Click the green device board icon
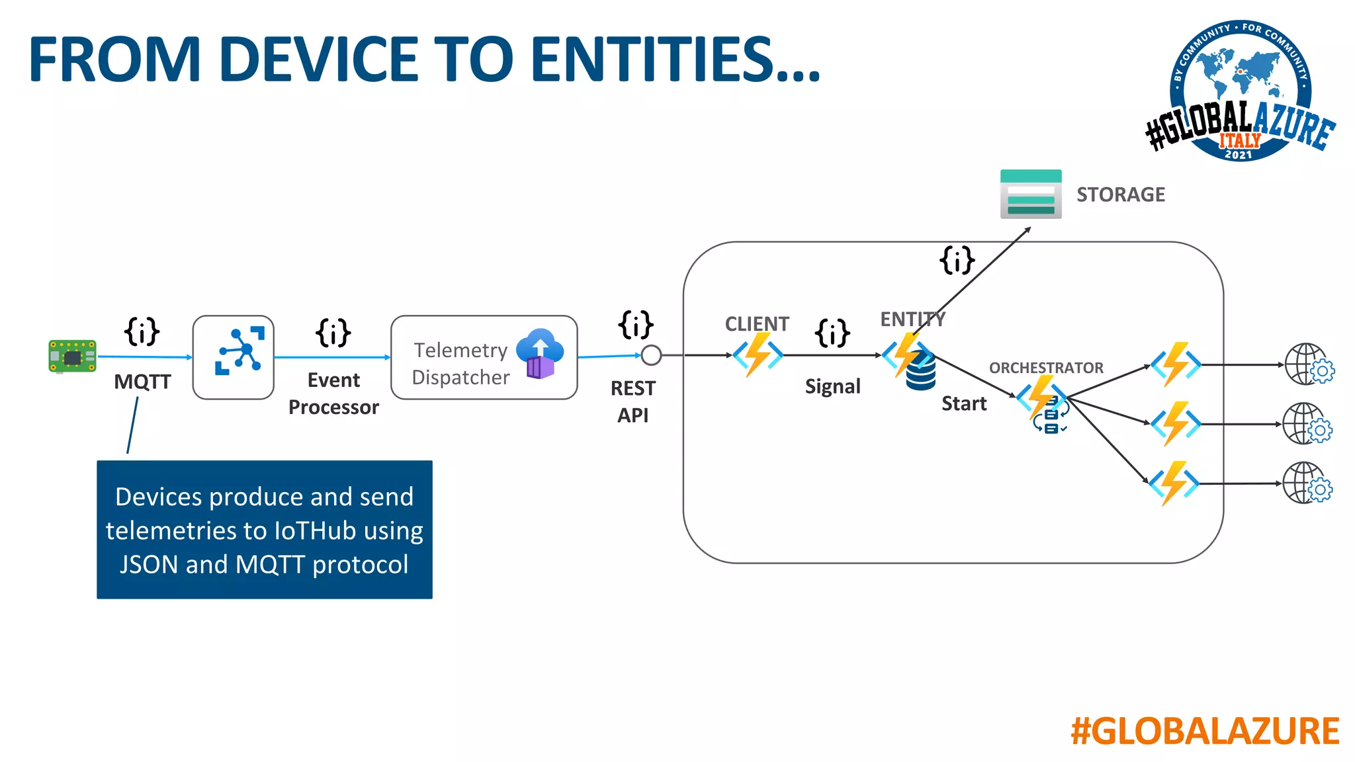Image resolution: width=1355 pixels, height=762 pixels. pyautogui.click(x=72, y=357)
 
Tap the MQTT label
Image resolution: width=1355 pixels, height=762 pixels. pyautogui.click(x=142, y=382)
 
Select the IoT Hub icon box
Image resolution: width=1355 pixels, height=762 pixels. pyautogui.click(x=233, y=357)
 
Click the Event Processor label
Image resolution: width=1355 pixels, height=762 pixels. pyautogui.click(x=333, y=394)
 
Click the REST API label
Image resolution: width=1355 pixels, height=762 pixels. pyautogui.click(x=633, y=402)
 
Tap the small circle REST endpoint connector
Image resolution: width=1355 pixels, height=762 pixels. pyautogui.click(x=651, y=355)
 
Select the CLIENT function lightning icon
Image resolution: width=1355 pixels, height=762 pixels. pyautogui.click(x=758, y=355)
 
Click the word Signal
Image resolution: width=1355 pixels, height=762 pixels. pyautogui.click(x=832, y=386)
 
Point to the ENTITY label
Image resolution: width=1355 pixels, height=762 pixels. pyautogui.click(x=912, y=319)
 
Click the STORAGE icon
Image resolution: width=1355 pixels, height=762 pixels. pyautogui.click(x=1031, y=194)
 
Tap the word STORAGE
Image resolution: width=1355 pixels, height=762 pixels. pyautogui.click(x=1120, y=194)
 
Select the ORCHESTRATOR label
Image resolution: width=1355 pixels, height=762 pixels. pyautogui.click(x=1046, y=368)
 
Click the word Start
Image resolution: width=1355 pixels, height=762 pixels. pyautogui.click(x=964, y=403)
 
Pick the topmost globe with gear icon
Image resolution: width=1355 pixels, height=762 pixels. pyautogui.click(x=1309, y=364)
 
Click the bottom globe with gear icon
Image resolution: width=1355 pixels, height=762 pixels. pyautogui.click(x=1307, y=484)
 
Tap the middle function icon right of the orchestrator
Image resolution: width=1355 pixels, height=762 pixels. pyautogui.click(x=1176, y=423)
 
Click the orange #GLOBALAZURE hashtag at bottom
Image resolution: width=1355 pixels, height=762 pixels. pyautogui.click(x=1204, y=732)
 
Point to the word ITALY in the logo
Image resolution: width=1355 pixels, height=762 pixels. pyautogui.click(x=1240, y=140)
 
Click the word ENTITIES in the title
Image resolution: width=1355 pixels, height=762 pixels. pyautogui.click(x=675, y=60)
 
